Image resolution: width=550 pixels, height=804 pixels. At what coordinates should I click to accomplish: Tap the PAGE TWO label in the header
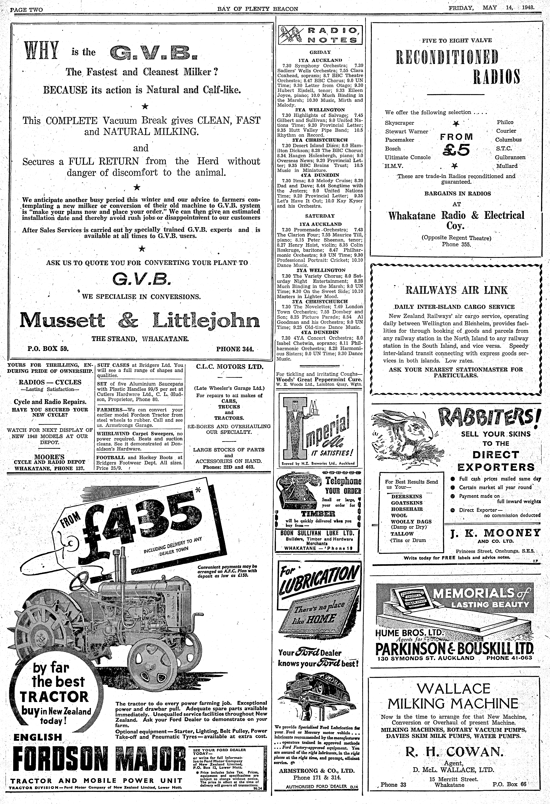(26, 9)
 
